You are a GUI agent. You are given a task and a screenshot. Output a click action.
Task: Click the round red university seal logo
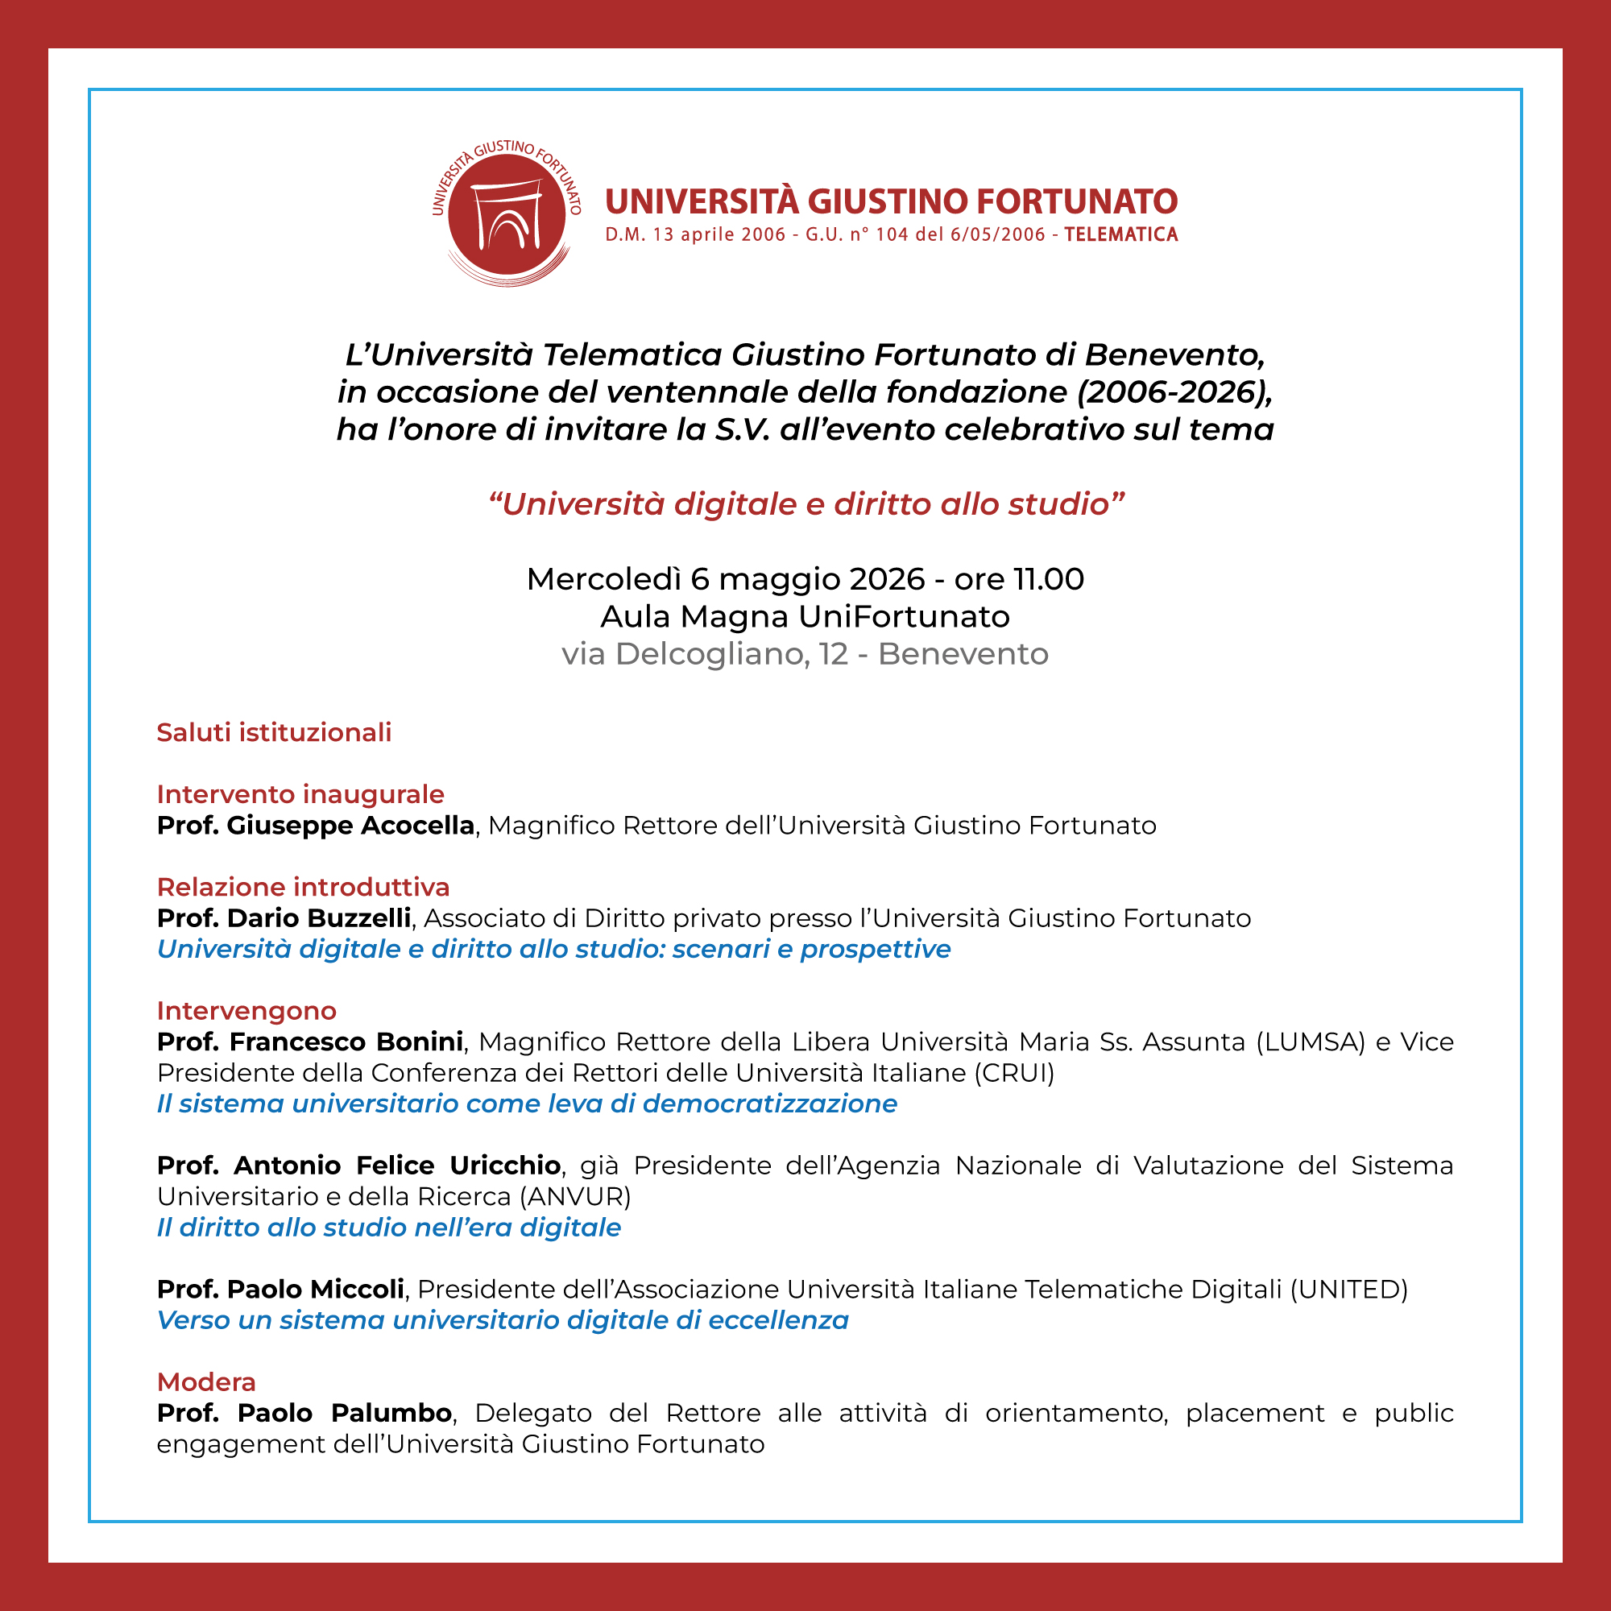click(x=507, y=213)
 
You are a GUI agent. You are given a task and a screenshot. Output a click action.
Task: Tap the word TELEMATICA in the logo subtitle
click(x=1120, y=235)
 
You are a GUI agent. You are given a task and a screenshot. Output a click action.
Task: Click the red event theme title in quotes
click(x=805, y=504)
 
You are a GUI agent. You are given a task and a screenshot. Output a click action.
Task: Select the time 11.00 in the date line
click(x=1048, y=579)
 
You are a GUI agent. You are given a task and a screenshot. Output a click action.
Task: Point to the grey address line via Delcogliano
click(x=805, y=655)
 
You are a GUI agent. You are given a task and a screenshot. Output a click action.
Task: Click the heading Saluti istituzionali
click(x=274, y=732)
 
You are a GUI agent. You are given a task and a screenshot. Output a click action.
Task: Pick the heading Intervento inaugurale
click(x=300, y=794)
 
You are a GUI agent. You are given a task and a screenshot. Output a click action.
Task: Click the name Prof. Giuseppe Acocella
click(x=315, y=826)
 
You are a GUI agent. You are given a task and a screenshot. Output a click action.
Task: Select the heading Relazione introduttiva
click(x=303, y=886)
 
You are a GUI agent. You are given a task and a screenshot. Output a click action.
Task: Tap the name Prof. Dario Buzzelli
click(x=284, y=918)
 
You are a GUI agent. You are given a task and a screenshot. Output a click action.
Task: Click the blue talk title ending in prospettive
click(x=553, y=949)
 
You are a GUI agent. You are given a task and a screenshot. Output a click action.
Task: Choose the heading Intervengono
click(x=246, y=1011)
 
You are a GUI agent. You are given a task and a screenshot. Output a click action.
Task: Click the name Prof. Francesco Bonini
click(x=309, y=1042)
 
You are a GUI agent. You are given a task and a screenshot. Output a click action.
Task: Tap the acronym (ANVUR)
click(x=575, y=1197)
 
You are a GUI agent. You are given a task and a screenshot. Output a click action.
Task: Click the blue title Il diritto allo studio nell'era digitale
click(x=388, y=1228)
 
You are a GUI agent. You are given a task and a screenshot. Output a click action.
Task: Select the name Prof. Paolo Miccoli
click(x=280, y=1289)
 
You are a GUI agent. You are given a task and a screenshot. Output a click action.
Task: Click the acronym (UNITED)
click(x=1348, y=1289)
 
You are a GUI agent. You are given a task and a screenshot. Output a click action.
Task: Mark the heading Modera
click(x=206, y=1381)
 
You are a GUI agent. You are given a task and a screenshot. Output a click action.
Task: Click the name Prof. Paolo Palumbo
click(x=304, y=1414)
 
